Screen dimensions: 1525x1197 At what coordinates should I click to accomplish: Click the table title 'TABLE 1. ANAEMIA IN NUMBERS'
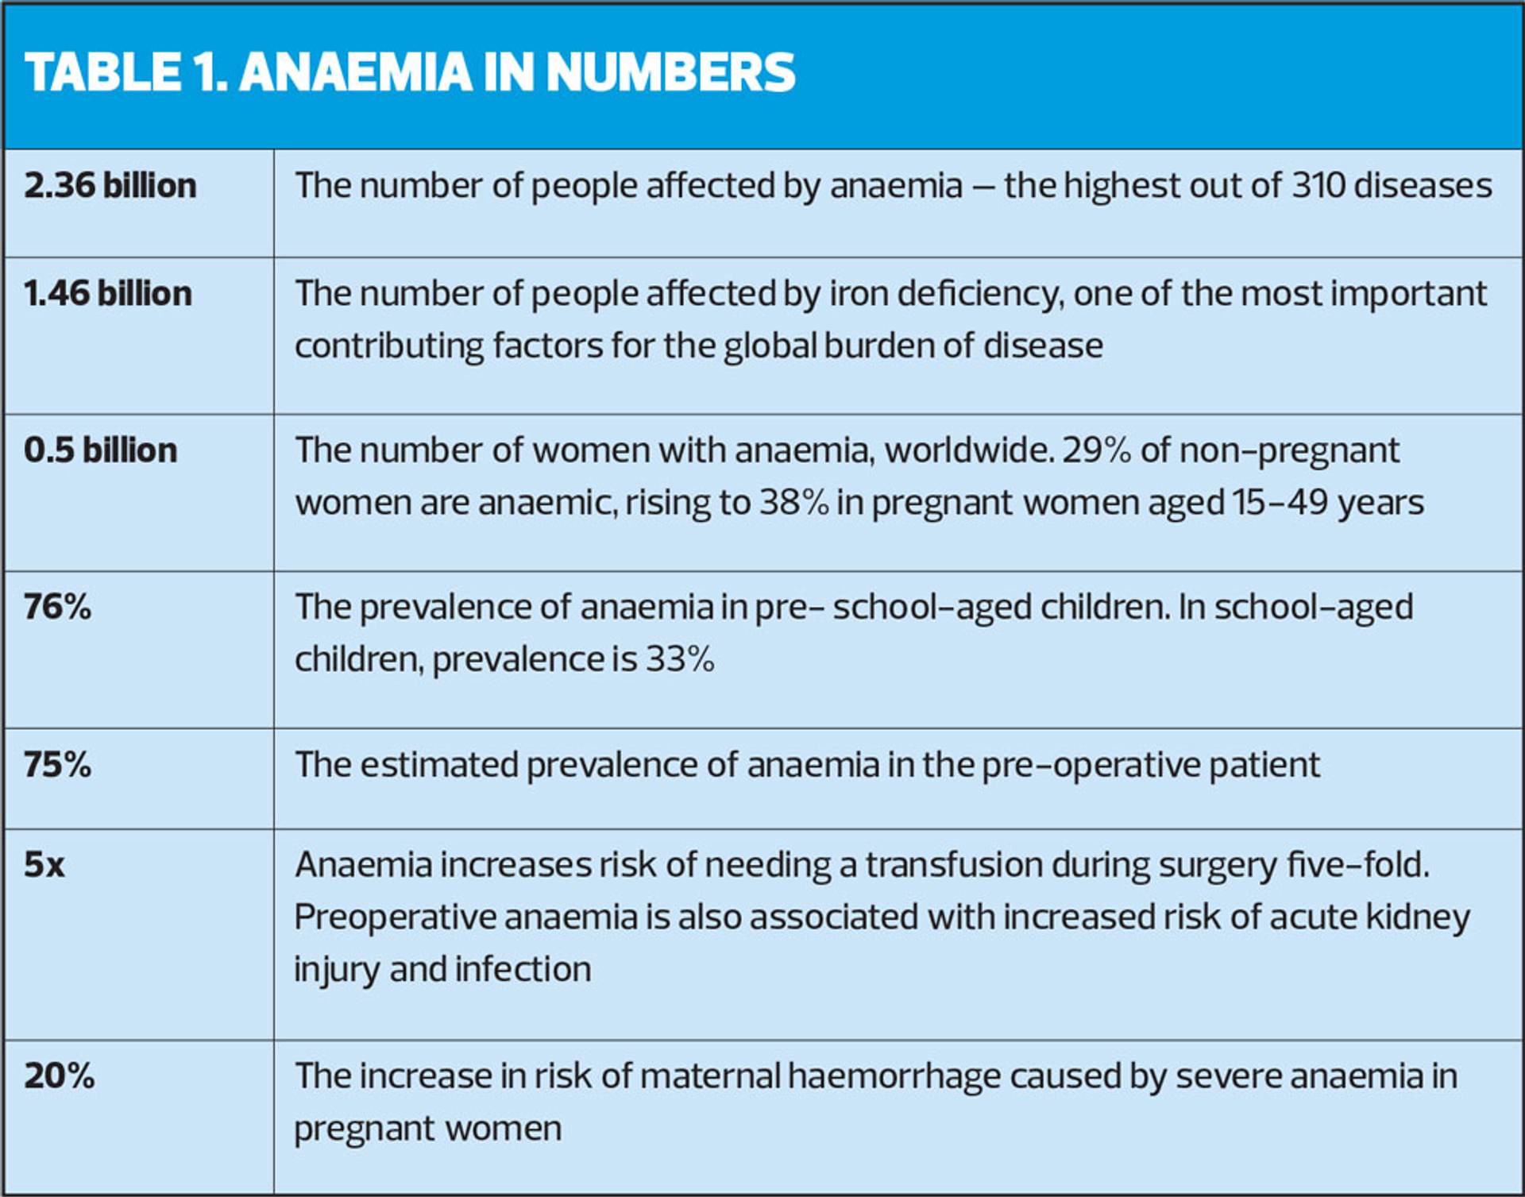410,72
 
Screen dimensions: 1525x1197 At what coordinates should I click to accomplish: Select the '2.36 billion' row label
110,185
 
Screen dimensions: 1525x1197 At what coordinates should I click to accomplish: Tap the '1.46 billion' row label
108,293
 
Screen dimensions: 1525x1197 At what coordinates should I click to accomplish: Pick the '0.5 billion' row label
101,450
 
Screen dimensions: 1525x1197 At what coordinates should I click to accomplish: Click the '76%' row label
57,607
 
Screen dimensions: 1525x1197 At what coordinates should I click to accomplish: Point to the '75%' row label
57,764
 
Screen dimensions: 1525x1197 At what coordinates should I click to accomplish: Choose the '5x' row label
44,865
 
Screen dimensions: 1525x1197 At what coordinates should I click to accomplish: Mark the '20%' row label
60,1076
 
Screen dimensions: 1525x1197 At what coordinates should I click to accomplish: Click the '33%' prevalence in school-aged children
680,658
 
